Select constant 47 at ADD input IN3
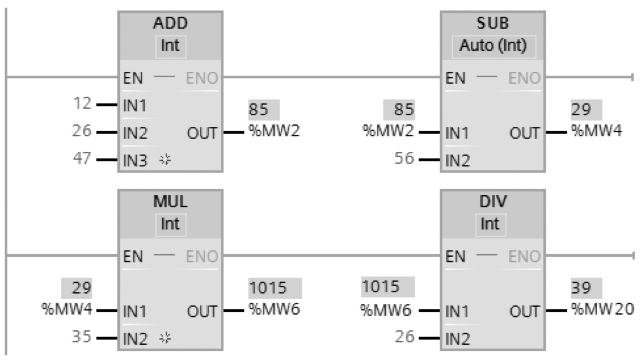click(x=84, y=158)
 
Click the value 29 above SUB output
click(x=584, y=110)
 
